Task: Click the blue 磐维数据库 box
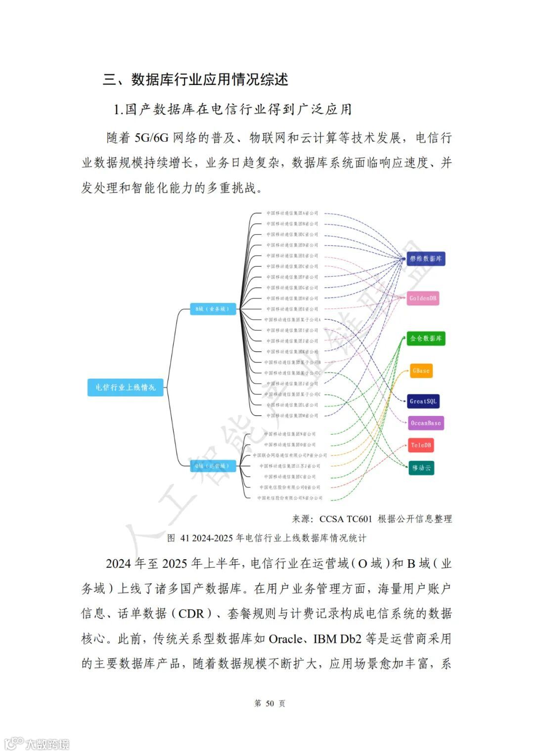coord(426,258)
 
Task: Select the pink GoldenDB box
coord(423,298)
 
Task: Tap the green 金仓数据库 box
coord(426,338)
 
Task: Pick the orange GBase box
coord(421,371)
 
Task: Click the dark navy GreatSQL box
coord(423,401)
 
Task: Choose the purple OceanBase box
coord(426,423)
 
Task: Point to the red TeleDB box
coord(421,445)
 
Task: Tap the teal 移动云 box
coord(421,467)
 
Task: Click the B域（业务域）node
coord(213,309)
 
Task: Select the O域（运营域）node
coord(213,466)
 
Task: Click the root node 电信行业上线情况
coord(126,387)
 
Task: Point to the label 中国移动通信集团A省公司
coord(292,213)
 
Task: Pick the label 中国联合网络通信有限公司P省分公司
coord(290,456)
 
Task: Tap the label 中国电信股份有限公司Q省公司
coord(290,487)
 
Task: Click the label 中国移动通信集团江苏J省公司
coord(290,466)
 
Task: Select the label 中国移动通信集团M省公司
coord(292,416)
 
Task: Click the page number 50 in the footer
coord(269,703)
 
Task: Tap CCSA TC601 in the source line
coord(346,519)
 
